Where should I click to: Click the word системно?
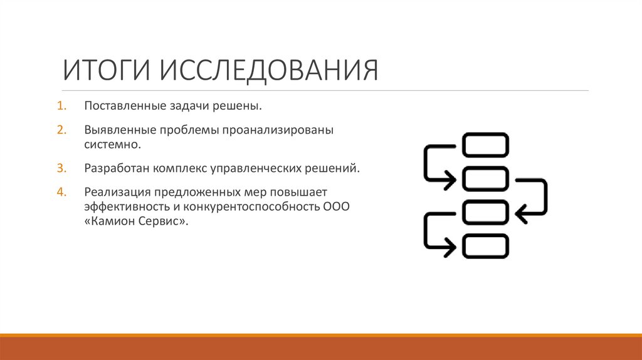(x=112, y=144)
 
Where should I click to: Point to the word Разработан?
(x=113, y=168)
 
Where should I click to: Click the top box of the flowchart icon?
(x=485, y=144)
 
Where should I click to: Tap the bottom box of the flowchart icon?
(x=485, y=246)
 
